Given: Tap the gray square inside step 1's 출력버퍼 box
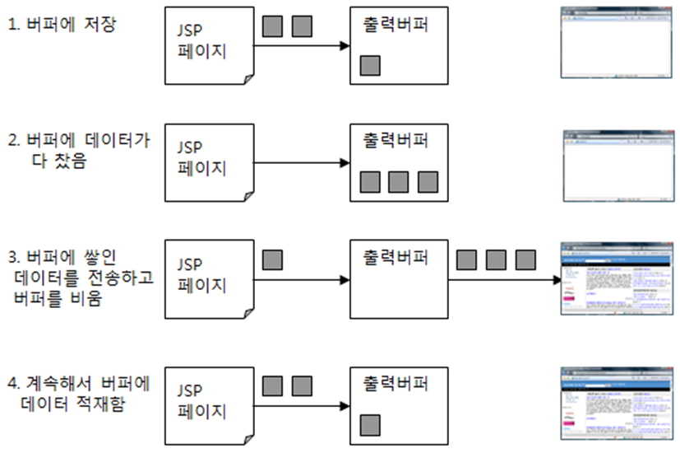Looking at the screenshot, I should (x=370, y=64).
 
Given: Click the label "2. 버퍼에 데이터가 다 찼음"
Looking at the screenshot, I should (x=79, y=151).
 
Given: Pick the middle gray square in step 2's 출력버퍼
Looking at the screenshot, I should (x=399, y=181).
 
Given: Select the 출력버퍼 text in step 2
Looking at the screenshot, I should (x=396, y=141).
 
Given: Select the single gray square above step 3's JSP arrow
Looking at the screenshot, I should (x=272, y=260).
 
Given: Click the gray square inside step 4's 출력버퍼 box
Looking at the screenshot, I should (x=370, y=425).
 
